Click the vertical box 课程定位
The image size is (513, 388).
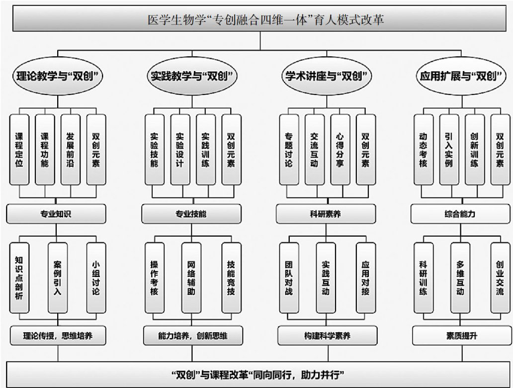pos(19,149)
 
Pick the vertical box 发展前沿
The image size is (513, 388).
pos(70,149)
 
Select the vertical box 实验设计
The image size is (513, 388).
pos(179,149)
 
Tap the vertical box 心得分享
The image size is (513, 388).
pos(340,149)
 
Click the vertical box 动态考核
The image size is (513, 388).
pos(423,149)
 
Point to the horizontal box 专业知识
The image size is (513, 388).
pos(56,214)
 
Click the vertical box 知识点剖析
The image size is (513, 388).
pos(19,278)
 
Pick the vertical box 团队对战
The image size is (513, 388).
pos(289,278)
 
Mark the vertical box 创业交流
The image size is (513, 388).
pos(500,278)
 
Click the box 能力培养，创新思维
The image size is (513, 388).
pos(192,336)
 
